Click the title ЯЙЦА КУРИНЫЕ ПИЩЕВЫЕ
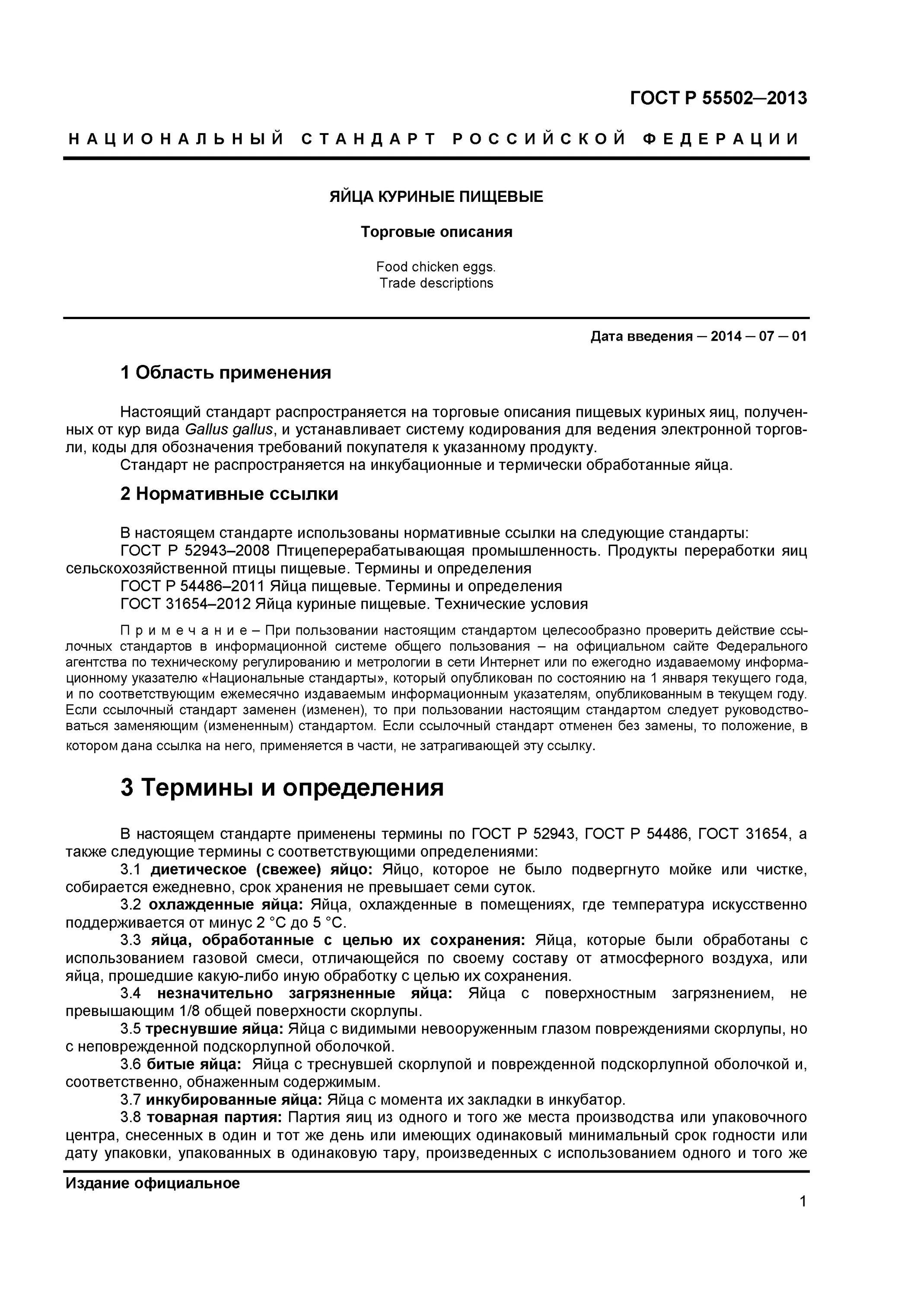(436, 197)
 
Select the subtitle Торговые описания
(436, 232)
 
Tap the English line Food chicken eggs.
(436, 267)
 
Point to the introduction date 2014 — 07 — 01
(758, 337)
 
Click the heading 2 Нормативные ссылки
(229, 494)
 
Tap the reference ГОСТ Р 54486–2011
(192, 586)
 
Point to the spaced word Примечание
(184, 630)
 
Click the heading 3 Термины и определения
(282, 787)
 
